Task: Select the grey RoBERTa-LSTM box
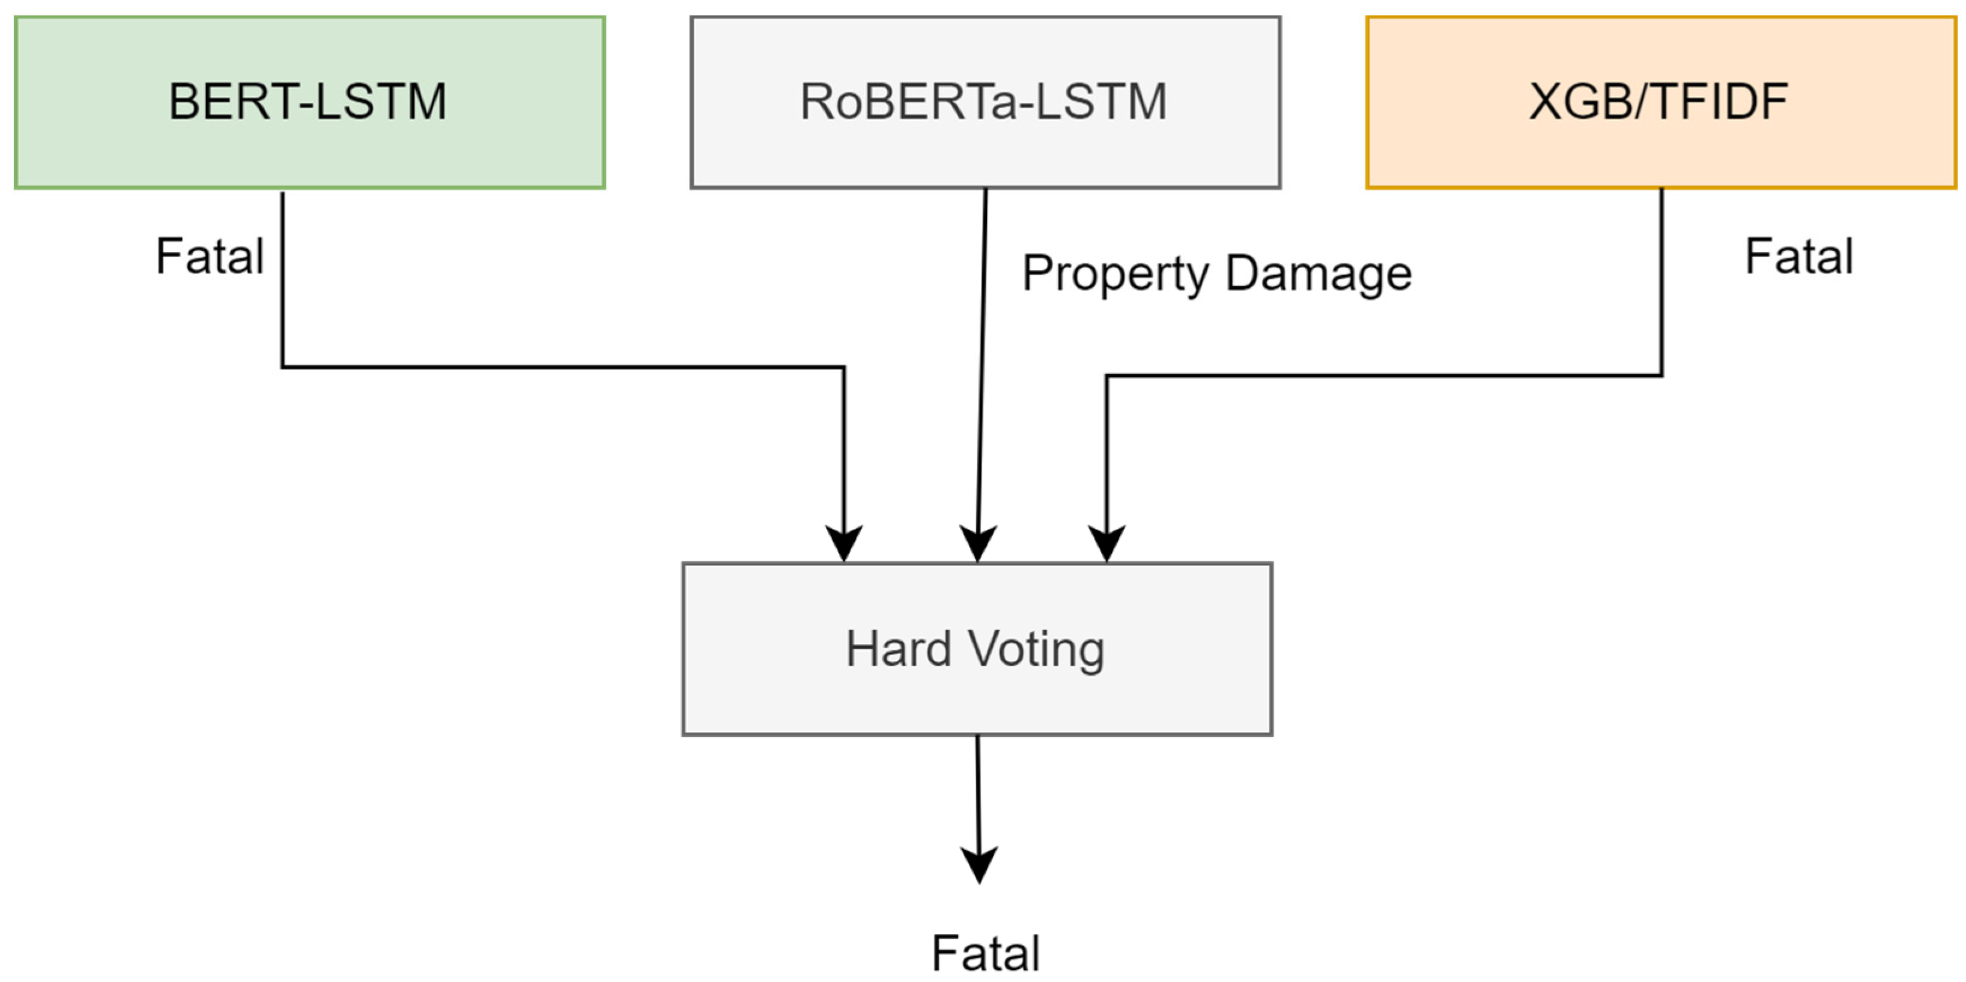(x=985, y=102)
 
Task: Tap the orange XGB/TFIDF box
(x=1660, y=102)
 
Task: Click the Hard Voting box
(x=976, y=649)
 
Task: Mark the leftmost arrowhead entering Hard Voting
(x=843, y=544)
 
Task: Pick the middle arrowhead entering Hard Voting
(x=978, y=544)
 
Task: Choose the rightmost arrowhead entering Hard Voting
(x=1106, y=544)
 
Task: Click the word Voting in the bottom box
(x=1036, y=649)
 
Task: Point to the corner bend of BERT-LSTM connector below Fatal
(x=283, y=367)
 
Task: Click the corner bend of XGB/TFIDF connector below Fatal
(x=1661, y=375)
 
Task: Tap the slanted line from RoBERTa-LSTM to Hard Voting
(x=981, y=367)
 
